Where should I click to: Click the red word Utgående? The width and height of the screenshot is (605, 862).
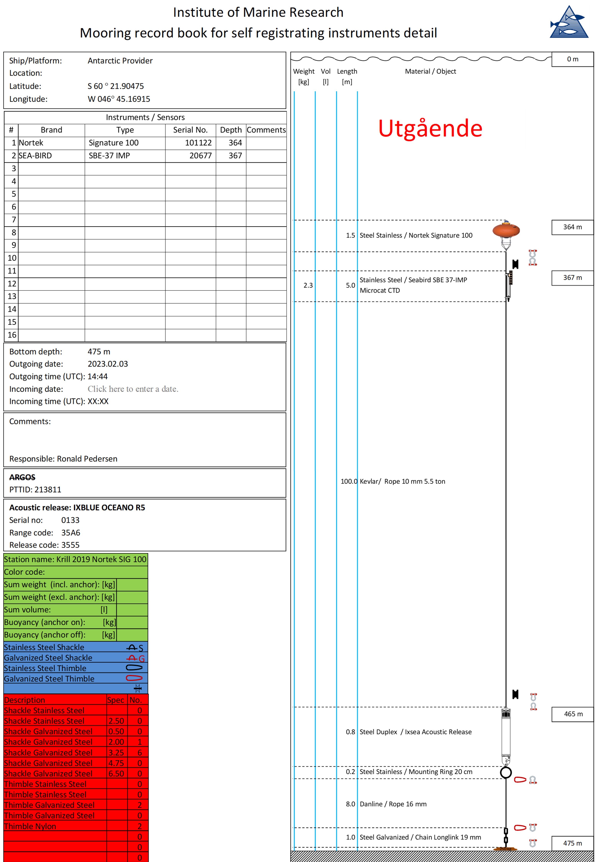pos(430,128)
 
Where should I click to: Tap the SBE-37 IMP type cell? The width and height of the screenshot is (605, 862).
pos(109,156)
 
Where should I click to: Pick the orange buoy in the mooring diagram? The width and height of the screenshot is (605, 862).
pos(506,230)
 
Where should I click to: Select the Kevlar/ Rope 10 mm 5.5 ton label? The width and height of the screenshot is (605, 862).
pos(402,481)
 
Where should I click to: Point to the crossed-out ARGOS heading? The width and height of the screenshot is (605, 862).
pos(22,477)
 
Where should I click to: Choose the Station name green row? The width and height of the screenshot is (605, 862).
pos(75,559)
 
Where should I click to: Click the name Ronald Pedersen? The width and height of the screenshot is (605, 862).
pos(87,459)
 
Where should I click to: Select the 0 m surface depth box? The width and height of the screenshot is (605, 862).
pos(572,59)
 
